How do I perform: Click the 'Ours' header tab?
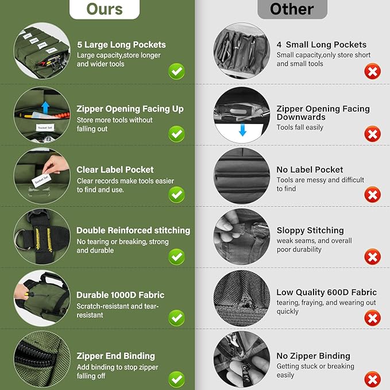(x=105, y=9)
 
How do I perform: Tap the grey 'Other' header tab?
(x=292, y=9)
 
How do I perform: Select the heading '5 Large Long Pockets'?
(x=121, y=45)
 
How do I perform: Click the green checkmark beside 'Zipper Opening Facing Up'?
(x=176, y=134)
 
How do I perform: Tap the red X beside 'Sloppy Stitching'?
(x=372, y=257)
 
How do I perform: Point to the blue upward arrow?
(x=45, y=107)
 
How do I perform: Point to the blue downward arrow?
(x=242, y=130)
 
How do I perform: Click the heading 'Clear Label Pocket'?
(x=115, y=169)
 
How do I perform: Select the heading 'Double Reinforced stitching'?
(x=133, y=230)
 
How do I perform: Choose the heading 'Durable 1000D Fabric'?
(x=121, y=295)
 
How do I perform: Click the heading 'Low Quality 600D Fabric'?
(x=327, y=292)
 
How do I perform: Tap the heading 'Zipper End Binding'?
(x=115, y=356)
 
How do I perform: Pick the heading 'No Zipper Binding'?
(x=314, y=356)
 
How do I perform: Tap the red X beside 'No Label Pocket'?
(x=372, y=195)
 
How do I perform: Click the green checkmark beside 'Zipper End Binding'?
(x=176, y=379)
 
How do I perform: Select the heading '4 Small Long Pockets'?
(x=322, y=45)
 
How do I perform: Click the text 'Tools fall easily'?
(x=300, y=128)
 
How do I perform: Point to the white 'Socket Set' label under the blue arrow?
(x=45, y=128)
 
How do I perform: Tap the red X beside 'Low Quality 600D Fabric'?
(x=372, y=318)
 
